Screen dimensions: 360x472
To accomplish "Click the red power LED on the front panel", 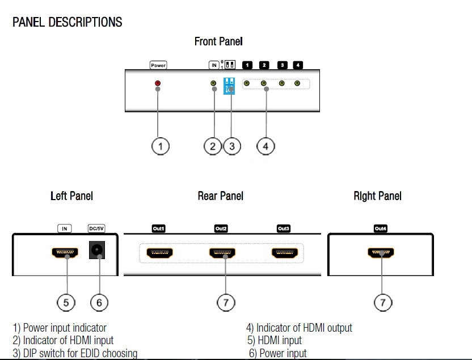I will (158, 83).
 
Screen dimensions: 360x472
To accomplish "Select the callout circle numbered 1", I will (161, 146).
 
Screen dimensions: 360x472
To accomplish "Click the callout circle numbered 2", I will (213, 146).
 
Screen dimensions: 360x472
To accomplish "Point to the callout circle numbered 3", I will (231, 146).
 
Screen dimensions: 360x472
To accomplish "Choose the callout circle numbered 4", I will (265, 146).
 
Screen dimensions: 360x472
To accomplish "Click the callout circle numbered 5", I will (66, 302).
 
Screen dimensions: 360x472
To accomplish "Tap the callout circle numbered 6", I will (99, 302).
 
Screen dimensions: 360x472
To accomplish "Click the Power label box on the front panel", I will (158, 65).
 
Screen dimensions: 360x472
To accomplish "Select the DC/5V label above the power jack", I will (96, 228).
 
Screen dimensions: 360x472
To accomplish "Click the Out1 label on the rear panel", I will (158, 228).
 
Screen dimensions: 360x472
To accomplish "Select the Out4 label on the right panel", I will (380, 228).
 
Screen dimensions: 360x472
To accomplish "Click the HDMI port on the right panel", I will (381, 252).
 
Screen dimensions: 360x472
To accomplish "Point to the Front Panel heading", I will (218, 41).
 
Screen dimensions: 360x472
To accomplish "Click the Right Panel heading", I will (377, 196).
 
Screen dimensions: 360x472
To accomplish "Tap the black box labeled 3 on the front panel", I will (281, 65).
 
